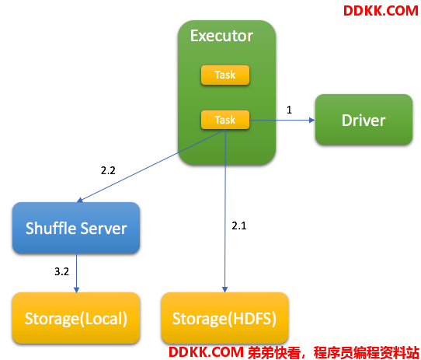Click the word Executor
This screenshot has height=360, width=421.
point(221,36)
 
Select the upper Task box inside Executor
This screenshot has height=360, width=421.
point(225,75)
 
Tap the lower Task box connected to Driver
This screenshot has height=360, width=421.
point(225,120)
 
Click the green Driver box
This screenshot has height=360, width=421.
point(364,120)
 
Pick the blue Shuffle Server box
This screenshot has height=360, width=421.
point(76,228)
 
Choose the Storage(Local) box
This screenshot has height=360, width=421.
point(76,318)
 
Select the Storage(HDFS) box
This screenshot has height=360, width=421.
point(225,318)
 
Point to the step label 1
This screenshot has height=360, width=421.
point(289,110)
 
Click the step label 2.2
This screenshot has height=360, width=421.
point(108,170)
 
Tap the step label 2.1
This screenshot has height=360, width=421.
point(239,225)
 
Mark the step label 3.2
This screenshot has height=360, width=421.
point(62,271)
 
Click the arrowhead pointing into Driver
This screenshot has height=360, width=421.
point(312,120)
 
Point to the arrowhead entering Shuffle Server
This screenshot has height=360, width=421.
point(80,200)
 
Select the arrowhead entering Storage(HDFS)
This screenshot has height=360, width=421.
point(225,289)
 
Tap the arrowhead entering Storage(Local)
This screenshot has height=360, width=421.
point(77,289)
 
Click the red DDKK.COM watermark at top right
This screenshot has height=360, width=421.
point(381,11)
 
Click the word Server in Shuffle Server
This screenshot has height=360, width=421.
point(103,229)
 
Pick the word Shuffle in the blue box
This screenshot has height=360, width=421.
point(50,229)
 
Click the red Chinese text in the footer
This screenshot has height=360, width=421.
point(333,352)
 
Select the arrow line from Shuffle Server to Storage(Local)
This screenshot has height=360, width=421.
point(77,273)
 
